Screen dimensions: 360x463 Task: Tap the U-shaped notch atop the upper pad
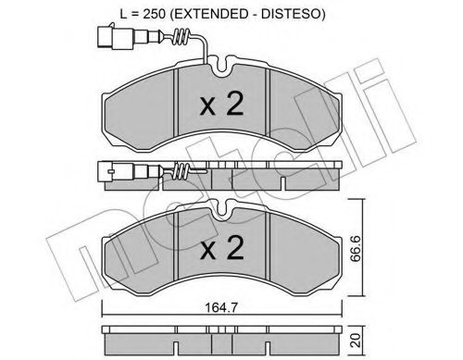tap(222, 66)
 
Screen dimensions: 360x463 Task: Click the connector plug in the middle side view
tap(107, 172)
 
